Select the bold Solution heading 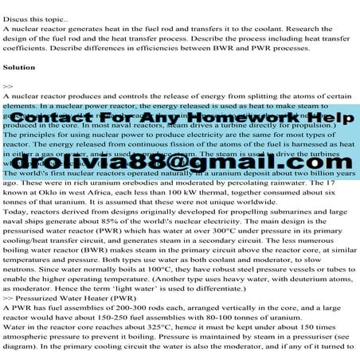21,67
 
